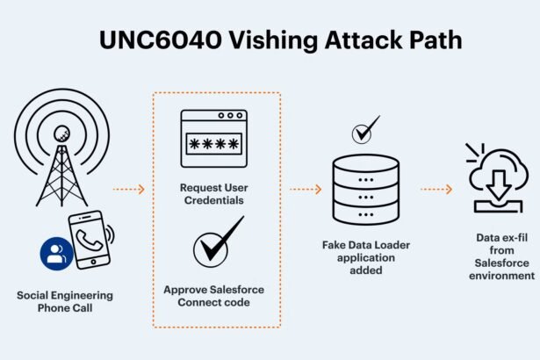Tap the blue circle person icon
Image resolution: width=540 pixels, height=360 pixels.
(x=56, y=255)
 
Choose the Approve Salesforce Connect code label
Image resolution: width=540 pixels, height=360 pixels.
(x=216, y=295)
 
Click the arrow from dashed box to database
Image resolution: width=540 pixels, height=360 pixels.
(x=306, y=188)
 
